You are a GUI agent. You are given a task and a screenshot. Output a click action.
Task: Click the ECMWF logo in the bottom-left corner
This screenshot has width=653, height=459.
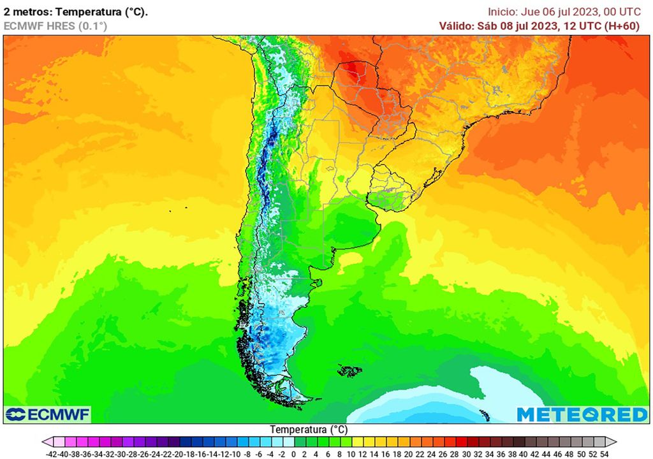point(47,414)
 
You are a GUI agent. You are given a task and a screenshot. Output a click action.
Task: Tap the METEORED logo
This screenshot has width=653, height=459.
point(582,414)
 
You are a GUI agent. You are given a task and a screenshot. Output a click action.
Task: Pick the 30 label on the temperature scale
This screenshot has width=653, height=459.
point(469,453)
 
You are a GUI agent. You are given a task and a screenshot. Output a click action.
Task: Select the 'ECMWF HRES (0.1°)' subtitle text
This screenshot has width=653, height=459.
point(55,25)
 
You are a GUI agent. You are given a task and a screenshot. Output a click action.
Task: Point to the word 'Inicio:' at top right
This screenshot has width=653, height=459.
point(504,11)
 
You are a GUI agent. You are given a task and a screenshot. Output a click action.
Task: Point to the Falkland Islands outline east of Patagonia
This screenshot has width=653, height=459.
point(348,370)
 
